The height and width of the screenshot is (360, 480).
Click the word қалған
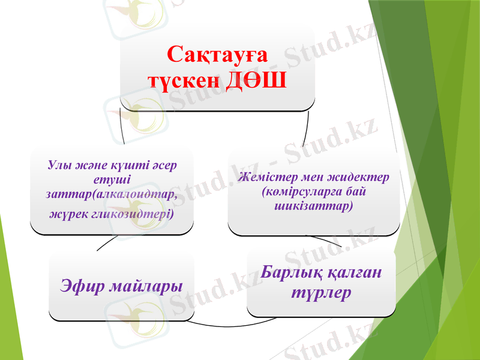point(355,273)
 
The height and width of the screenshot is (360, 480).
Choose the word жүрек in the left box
point(65,213)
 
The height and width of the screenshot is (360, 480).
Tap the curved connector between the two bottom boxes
point(219,324)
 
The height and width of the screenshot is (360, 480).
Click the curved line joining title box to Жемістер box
point(306,129)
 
